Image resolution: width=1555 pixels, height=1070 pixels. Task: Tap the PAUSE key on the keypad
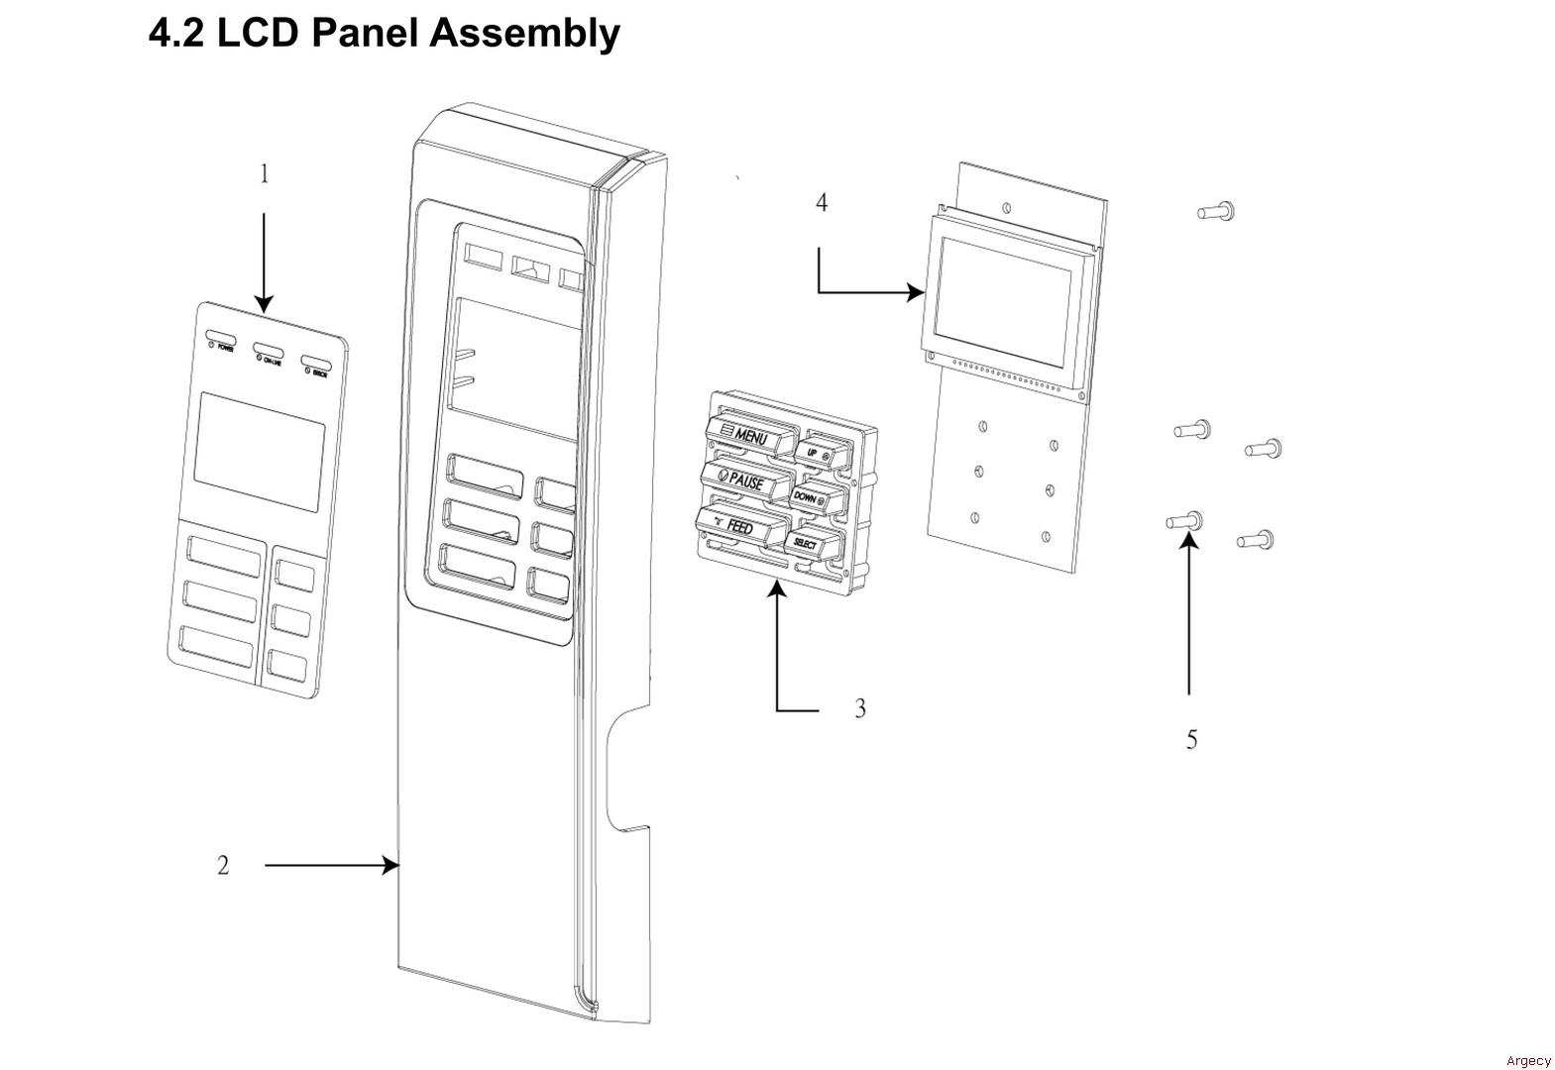(744, 481)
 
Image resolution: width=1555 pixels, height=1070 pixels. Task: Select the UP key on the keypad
(818, 451)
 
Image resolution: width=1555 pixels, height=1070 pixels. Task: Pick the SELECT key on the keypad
(808, 543)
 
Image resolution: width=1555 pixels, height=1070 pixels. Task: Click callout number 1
(264, 174)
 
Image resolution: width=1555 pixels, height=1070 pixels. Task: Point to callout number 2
(223, 866)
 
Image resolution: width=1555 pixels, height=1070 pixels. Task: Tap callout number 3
(860, 708)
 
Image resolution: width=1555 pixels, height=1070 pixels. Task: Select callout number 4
(822, 203)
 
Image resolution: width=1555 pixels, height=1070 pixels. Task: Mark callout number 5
(1191, 740)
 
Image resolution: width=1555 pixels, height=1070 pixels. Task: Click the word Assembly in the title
(524, 33)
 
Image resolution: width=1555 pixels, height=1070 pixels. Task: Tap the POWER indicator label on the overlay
(222, 347)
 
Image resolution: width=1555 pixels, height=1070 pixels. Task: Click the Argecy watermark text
(1527, 1061)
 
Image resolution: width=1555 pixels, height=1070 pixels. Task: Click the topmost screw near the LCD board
(1216, 210)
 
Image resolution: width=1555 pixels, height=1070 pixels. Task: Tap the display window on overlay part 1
(259, 451)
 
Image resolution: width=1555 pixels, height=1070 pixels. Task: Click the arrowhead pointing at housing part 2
(392, 866)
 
